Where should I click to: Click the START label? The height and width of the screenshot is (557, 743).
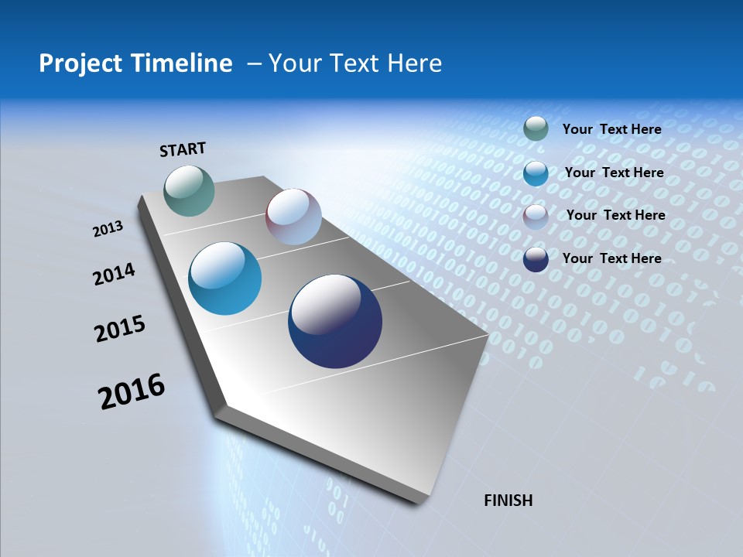(x=183, y=149)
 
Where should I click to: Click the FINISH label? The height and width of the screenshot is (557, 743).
(x=508, y=501)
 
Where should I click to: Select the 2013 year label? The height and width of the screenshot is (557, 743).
(x=108, y=229)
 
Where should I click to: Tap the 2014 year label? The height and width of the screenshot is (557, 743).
(x=115, y=274)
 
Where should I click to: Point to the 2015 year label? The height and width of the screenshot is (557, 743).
(x=120, y=329)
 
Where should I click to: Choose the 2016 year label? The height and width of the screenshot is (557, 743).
(x=132, y=391)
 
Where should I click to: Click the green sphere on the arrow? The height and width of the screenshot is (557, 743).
(x=189, y=190)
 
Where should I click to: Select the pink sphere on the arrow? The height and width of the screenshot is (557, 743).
(x=293, y=217)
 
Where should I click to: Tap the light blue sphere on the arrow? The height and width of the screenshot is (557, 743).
(x=224, y=278)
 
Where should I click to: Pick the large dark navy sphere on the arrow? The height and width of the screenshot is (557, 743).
(x=334, y=321)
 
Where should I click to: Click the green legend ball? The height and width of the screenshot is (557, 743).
(x=536, y=128)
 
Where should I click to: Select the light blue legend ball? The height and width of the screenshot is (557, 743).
(x=536, y=173)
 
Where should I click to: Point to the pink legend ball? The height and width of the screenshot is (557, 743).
(x=536, y=216)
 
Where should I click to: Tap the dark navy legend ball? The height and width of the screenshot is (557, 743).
(x=536, y=258)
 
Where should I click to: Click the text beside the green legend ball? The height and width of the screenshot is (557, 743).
(x=611, y=129)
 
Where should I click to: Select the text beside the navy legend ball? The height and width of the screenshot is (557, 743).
(x=611, y=258)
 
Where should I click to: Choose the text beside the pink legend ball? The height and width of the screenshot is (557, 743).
(x=615, y=215)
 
